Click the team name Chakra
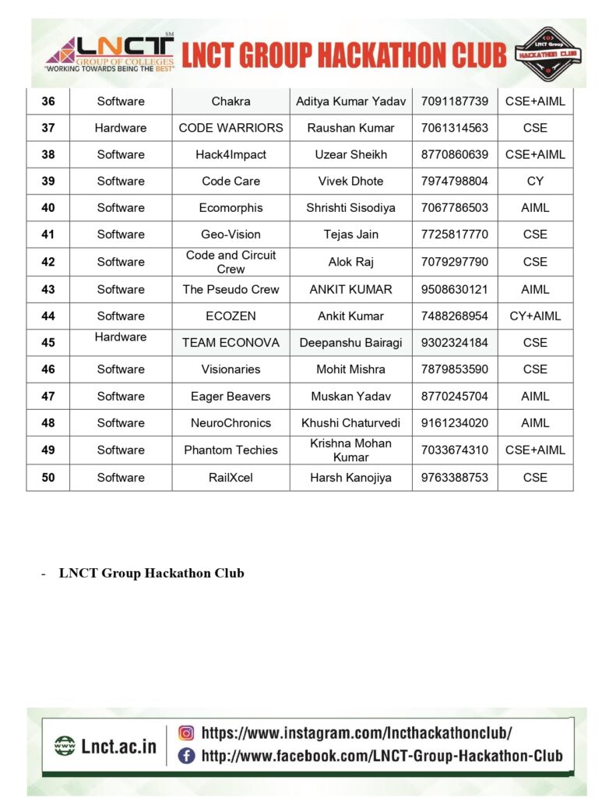231,101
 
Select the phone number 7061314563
455,128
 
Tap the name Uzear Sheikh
350,154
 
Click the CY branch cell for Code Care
535,181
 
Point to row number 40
48,208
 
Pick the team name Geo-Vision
231,235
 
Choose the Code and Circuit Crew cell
231,262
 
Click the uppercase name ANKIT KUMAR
350,289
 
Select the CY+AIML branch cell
535,316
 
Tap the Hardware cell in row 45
121,337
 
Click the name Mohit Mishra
350,369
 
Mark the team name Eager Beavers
231,396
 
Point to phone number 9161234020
455,423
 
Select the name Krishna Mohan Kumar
350,450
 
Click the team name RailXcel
231,478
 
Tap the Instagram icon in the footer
186,733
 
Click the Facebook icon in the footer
186,755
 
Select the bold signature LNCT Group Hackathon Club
152,574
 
